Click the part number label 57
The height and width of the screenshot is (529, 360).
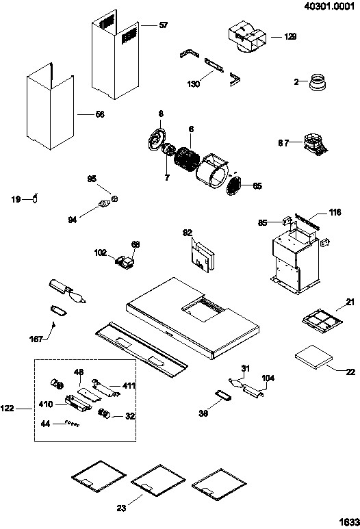164,25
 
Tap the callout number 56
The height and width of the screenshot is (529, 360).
100,114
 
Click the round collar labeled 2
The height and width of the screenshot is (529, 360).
318,82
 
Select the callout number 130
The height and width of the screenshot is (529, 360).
194,83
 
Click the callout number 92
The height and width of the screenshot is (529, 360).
188,233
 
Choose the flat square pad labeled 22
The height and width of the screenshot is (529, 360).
313,357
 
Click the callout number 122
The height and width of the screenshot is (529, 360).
7,409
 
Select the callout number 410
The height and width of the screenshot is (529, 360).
46,404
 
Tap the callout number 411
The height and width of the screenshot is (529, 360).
129,385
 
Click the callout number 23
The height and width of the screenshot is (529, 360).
121,508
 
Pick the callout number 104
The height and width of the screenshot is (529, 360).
268,378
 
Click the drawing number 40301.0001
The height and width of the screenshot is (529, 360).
329,5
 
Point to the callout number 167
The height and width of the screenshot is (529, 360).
36,339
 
